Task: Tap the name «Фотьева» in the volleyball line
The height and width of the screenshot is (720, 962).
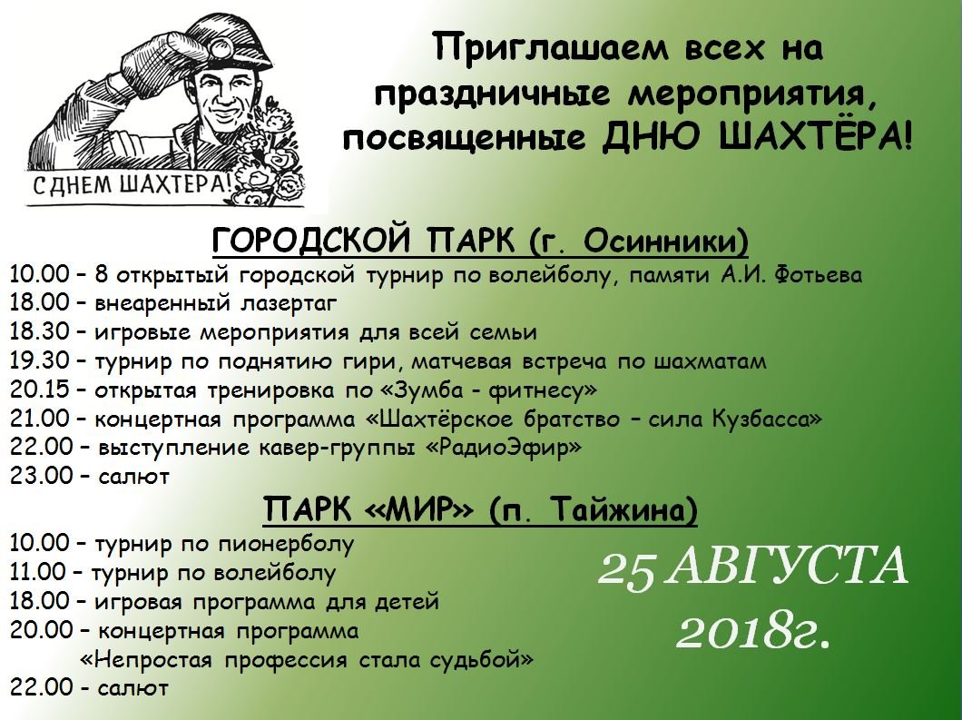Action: pyautogui.click(x=818, y=275)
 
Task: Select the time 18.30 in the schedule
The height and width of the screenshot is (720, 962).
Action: pyautogui.click(x=39, y=332)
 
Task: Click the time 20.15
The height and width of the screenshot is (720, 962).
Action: pyautogui.click(x=39, y=390)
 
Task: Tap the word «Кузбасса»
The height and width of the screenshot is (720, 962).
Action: pyautogui.click(x=767, y=419)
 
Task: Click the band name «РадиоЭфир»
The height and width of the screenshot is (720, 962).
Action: pyautogui.click(x=503, y=449)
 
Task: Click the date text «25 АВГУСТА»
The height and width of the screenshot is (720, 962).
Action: pyautogui.click(x=752, y=566)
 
